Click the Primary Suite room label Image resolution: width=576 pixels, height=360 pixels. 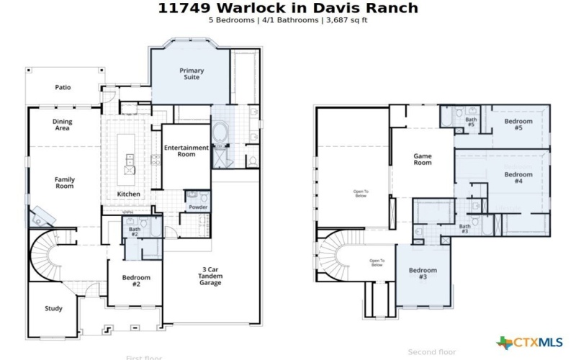coord(192,73)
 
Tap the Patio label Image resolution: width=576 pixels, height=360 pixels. coord(63,87)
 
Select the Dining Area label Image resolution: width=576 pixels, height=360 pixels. coord(63,125)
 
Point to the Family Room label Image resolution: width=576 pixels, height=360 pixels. coord(65,183)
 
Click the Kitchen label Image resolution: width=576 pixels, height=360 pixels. coord(128,194)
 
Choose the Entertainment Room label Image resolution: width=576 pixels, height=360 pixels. coord(186,150)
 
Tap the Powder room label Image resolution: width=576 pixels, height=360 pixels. coord(198,207)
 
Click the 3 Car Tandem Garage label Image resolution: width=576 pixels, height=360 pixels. coord(211,276)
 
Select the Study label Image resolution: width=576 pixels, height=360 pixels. coord(53,308)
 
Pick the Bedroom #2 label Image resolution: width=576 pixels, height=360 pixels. coord(136,281)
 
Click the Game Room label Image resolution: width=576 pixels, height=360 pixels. coord(422,159)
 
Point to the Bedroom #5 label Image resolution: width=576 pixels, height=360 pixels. coord(518,125)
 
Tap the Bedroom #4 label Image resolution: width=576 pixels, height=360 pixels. coord(518,178)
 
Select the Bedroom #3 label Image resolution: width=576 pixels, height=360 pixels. coord(423,274)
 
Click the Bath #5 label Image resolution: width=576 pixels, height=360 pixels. coord(470,122)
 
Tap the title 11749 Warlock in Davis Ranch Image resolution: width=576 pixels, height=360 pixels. coord(287,8)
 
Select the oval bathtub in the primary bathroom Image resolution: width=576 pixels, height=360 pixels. coord(220,135)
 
